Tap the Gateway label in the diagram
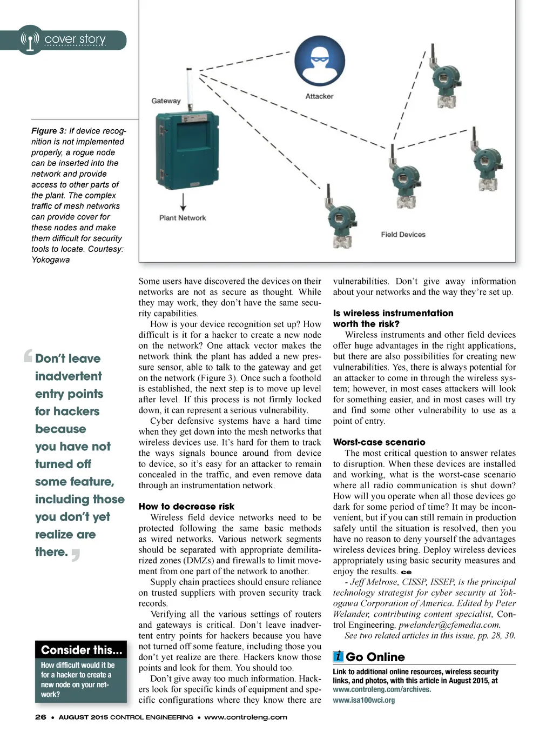(x=166, y=101)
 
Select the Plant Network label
(x=183, y=218)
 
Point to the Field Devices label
(x=403, y=235)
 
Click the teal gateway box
(x=187, y=151)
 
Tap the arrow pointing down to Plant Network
(x=183, y=202)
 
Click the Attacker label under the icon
(x=319, y=96)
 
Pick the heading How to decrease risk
(x=186, y=507)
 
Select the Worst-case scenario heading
(x=379, y=442)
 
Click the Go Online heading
(x=375, y=657)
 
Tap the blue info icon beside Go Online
(x=338, y=656)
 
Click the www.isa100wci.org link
(x=363, y=700)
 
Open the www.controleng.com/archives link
(x=382, y=689)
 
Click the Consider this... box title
(x=82, y=650)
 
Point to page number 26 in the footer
(x=41, y=717)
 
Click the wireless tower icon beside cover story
(x=30, y=39)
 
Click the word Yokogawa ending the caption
(x=50, y=260)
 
